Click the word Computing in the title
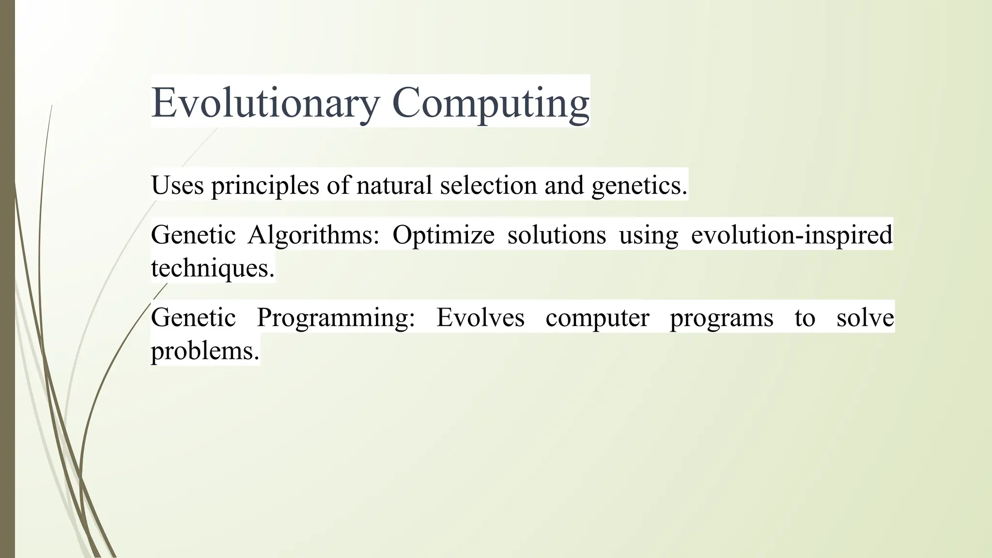coord(490,103)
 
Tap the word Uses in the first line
coord(177,185)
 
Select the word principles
coord(265,185)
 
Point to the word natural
coord(394,185)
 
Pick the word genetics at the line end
coord(639,185)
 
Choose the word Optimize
coord(443,235)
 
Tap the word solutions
coord(557,235)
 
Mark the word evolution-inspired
coord(791,235)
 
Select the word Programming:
coord(336,318)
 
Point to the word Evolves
coord(480,318)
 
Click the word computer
coord(597,318)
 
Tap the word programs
coord(721,318)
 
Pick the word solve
coord(865,318)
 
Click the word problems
coord(205,351)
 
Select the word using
coord(649,235)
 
